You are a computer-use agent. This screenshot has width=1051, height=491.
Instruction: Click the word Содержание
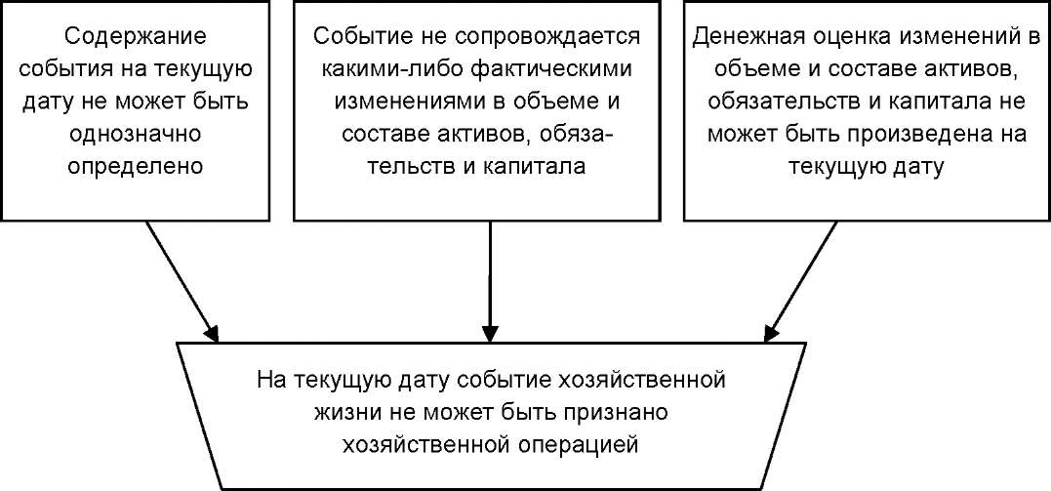[137, 37]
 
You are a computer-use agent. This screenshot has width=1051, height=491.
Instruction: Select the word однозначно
[137, 134]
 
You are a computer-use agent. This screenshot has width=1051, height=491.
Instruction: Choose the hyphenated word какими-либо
[395, 69]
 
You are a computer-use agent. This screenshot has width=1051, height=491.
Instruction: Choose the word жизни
[344, 412]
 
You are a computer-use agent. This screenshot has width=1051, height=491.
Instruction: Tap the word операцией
[563, 444]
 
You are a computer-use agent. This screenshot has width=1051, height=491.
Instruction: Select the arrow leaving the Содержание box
[182, 281]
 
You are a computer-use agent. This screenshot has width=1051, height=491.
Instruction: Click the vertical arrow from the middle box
[491, 281]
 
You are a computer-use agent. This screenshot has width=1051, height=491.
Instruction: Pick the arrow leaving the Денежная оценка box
[800, 281]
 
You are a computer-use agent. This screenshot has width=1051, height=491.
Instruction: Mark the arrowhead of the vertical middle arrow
[491, 334]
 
